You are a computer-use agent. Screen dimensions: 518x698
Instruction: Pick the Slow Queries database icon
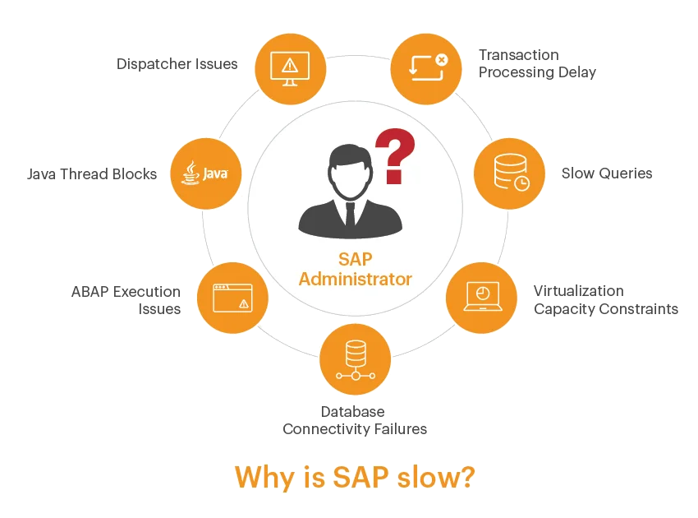pos(508,174)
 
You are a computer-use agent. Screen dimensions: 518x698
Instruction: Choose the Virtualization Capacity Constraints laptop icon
pos(480,297)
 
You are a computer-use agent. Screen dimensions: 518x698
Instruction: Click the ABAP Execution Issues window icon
pos(232,298)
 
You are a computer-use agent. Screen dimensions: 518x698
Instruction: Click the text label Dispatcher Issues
pos(177,63)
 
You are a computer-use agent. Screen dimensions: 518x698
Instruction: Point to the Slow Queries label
pos(607,173)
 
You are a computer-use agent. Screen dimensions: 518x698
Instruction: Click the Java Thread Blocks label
pos(92,174)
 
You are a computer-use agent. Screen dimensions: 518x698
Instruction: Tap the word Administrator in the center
pos(355,280)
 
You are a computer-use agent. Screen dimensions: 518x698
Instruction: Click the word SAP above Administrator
pos(355,260)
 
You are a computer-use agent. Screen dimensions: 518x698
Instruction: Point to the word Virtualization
pos(579,291)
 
